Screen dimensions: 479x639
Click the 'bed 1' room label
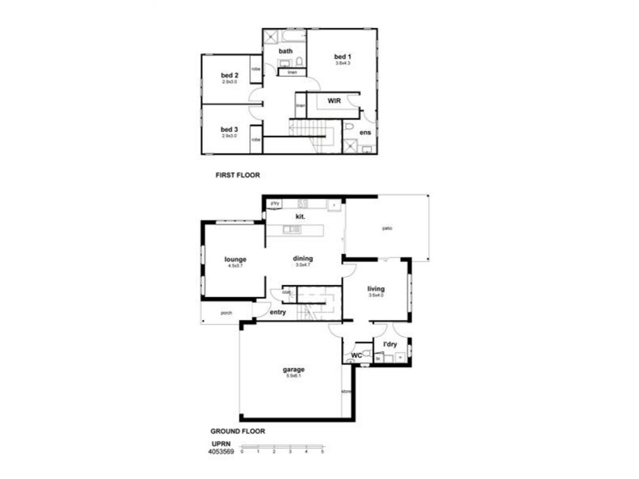tap(342, 56)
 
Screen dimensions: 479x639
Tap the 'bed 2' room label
tap(230, 76)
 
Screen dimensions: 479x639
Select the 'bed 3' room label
tap(230, 129)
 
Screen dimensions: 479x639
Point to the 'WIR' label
tap(334, 101)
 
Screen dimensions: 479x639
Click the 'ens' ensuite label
tap(364, 132)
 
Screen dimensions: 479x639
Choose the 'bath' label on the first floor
tap(285, 52)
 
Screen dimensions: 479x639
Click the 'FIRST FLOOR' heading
tap(239, 174)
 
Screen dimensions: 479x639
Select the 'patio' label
tap(386, 228)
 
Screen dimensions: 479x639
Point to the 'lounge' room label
tap(235, 259)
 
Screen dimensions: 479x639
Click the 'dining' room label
tap(303, 259)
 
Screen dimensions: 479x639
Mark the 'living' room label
tap(376, 289)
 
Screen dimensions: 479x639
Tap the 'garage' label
tap(293, 370)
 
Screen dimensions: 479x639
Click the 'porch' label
tap(226, 313)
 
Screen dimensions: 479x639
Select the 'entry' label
tap(277, 312)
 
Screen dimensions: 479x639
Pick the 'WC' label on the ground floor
tap(356, 355)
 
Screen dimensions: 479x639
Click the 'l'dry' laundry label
tap(390, 345)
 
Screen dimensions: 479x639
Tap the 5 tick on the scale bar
tap(323, 452)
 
